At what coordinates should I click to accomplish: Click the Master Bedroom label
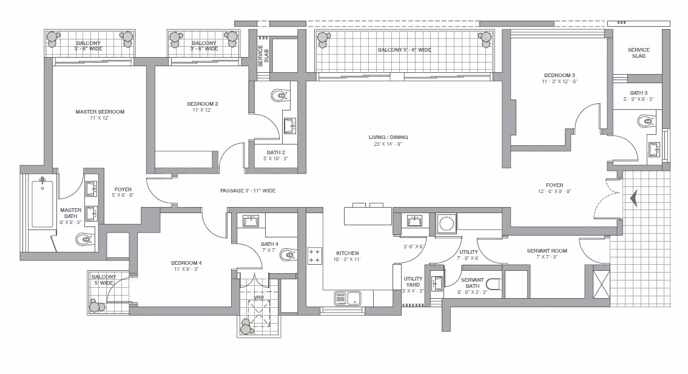[99, 112]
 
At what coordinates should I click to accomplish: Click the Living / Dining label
[388, 137]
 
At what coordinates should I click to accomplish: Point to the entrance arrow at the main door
[634, 199]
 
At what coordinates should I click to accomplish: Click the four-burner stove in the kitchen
[314, 256]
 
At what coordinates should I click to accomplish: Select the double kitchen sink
[348, 299]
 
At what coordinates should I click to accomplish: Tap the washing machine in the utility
[447, 223]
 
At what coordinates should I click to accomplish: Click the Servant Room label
[547, 251]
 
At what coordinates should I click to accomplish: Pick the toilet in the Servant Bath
[494, 285]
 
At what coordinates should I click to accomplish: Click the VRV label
[259, 297]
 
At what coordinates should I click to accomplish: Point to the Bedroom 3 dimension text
[559, 81]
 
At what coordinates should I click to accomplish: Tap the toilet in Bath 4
[288, 254]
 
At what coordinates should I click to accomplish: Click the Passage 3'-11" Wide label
[248, 191]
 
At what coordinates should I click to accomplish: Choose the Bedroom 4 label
[186, 263]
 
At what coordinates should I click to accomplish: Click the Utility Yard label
[413, 281]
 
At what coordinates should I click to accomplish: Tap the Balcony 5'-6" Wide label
[405, 50]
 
